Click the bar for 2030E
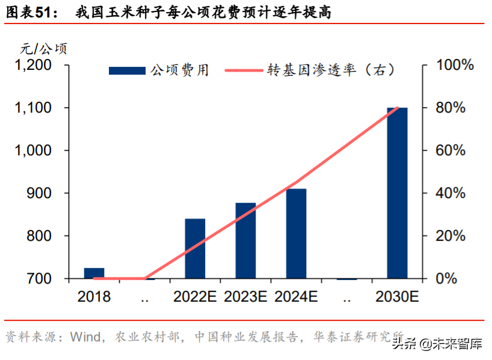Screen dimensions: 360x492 [397, 193]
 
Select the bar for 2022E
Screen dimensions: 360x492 [195, 249]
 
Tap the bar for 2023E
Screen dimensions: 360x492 [245, 241]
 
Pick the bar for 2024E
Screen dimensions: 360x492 [296, 234]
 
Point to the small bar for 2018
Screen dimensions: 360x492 [94, 273]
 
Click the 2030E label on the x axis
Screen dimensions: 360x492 [396, 296]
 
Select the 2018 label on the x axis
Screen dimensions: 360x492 [94, 296]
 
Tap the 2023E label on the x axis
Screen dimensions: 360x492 [245, 296]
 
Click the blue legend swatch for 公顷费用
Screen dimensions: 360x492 [126, 70]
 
